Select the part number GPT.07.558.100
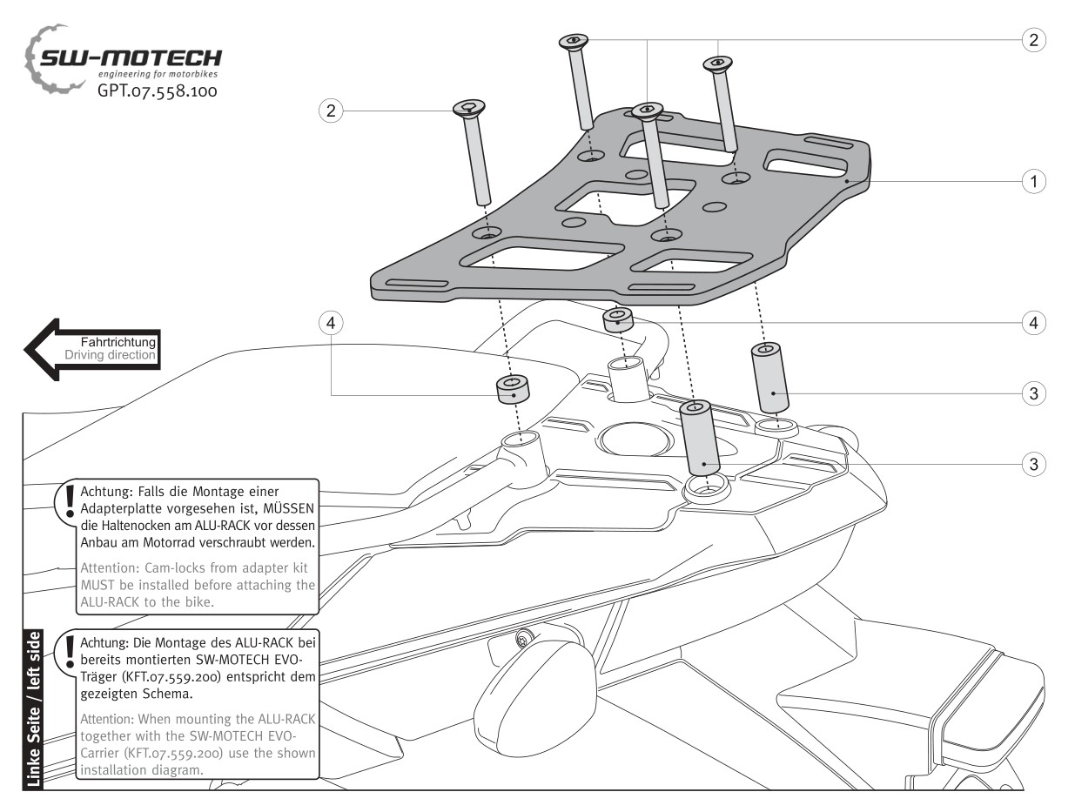tap(157, 90)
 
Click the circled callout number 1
tap(1033, 181)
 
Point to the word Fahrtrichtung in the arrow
tap(118, 343)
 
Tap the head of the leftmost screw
tap(467, 108)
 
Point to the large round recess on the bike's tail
tap(636, 439)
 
